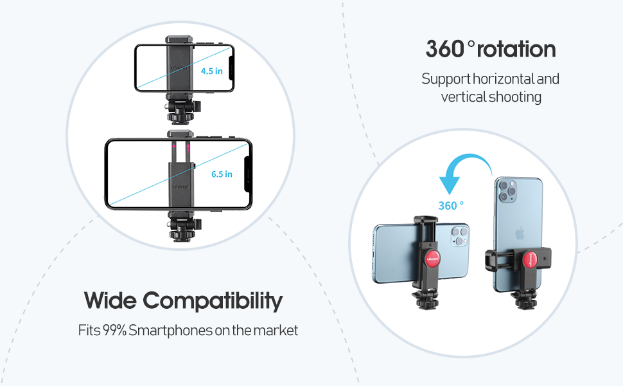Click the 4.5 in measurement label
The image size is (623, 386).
(x=211, y=71)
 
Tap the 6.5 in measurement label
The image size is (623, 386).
(x=222, y=174)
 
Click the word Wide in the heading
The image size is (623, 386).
(x=110, y=300)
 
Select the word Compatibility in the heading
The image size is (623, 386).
(x=213, y=300)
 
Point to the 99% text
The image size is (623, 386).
(x=114, y=331)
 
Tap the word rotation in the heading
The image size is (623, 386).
(x=517, y=50)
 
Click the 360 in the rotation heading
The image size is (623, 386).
(x=444, y=50)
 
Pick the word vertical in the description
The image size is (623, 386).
(x=462, y=97)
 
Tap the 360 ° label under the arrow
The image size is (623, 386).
(x=451, y=205)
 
